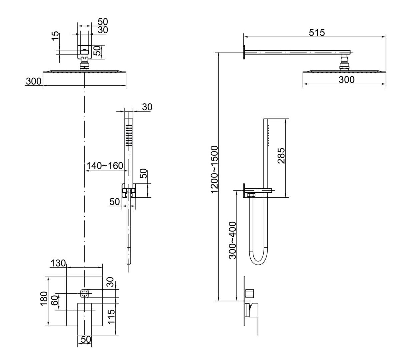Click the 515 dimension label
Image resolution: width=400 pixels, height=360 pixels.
317,33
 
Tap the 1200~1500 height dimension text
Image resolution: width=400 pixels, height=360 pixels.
214,169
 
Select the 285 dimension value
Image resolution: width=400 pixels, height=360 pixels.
281,156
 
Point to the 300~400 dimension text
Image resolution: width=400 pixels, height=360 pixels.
232,240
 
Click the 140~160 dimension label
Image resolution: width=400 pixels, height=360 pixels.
105,166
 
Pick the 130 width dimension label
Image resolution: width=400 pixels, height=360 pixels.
58,263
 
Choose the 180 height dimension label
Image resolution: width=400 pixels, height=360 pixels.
44,298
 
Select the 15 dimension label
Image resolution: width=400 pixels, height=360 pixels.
56,36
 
